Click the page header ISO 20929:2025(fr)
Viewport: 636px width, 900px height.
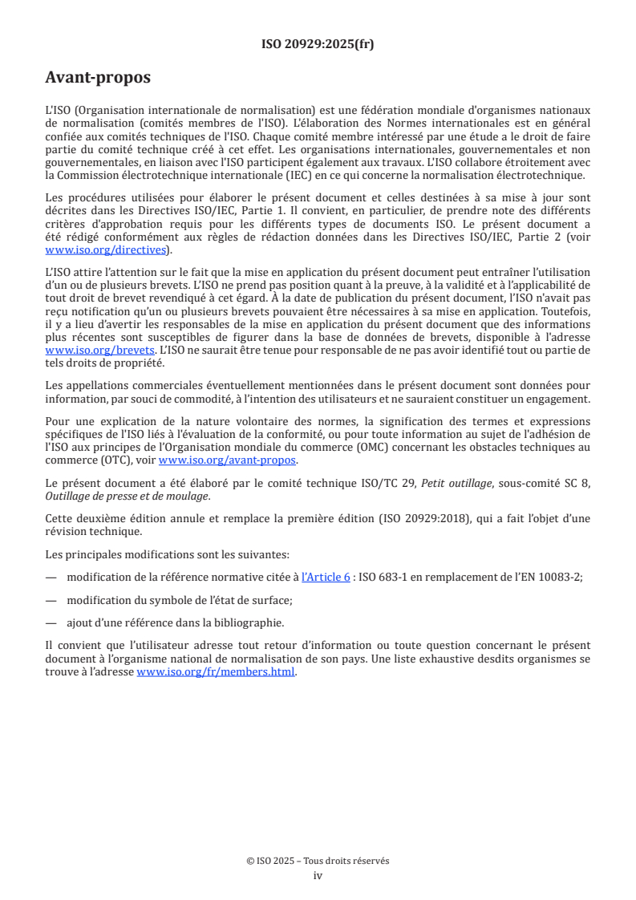click(x=318, y=44)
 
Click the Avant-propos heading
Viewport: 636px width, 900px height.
click(x=98, y=78)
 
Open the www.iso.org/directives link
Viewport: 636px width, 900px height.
click(x=105, y=249)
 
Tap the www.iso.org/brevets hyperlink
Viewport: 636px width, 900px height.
click(x=99, y=351)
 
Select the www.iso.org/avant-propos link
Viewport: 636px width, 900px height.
click(x=227, y=460)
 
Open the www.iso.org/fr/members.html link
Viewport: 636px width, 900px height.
click(x=216, y=672)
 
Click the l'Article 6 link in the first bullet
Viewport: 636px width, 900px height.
click(x=325, y=577)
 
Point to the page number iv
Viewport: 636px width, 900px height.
click(x=318, y=875)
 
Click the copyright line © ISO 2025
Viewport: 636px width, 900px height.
click(x=318, y=861)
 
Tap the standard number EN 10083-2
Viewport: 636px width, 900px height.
click(x=548, y=577)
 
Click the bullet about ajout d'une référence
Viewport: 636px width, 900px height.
click(x=175, y=622)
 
